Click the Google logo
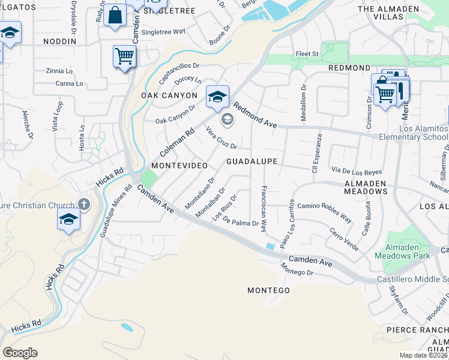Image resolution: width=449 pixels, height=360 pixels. [20, 353]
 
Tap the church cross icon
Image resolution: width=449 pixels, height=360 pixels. [83, 205]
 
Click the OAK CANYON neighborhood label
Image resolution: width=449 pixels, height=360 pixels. [169, 95]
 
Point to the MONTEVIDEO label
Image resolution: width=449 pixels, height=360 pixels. [179, 165]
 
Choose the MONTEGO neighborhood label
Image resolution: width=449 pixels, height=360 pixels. [268, 290]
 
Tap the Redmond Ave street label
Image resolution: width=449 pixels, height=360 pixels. [255, 115]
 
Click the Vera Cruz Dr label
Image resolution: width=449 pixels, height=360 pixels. [221, 137]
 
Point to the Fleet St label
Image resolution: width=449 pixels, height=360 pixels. [307, 54]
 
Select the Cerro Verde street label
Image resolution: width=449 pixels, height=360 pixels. [343, 239]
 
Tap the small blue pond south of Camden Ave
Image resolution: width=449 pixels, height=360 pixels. [127, 328]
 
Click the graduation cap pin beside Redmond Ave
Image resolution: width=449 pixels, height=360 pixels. [217, 96]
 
